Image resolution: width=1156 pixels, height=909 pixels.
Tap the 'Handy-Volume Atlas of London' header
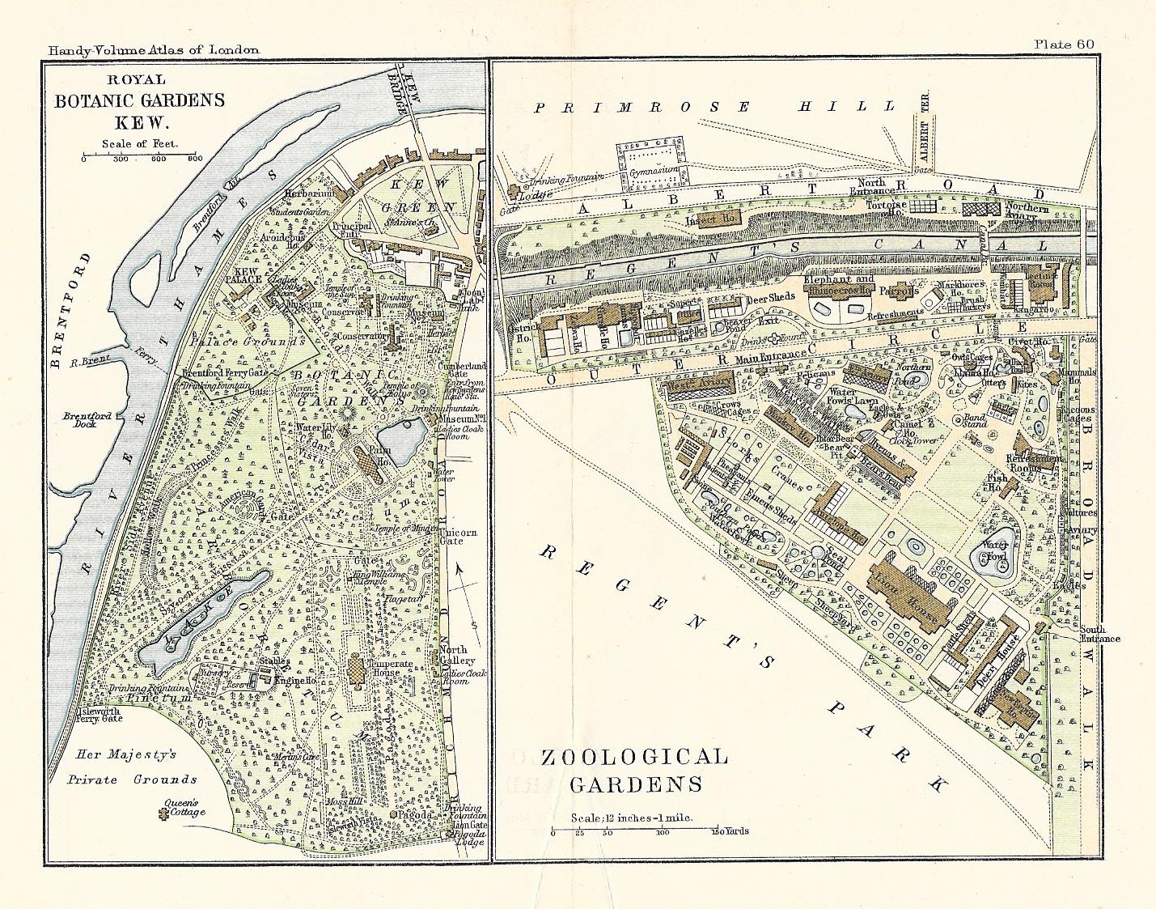(154, 49)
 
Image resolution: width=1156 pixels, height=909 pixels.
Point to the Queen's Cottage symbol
(167, 818)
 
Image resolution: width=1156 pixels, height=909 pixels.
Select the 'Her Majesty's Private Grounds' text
(132, 767)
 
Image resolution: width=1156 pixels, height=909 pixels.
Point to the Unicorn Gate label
(459, 536)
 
